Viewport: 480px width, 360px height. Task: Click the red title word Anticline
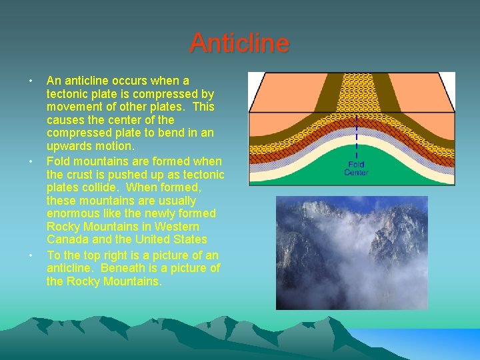[x=239, y=43]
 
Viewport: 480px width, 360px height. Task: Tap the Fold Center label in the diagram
[x=356, y=168]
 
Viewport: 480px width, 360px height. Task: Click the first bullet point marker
[x=31, y=81]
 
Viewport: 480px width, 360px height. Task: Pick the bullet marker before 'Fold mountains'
[x=31, y=162]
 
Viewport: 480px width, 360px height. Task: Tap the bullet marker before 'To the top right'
[x=31, y=256]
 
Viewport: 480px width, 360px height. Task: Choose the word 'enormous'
[x=71, y=213]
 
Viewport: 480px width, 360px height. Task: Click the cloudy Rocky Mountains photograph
[x=351, y=253]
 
